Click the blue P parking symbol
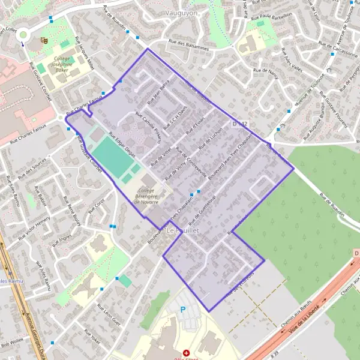click(x=184, y=310)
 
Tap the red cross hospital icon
click(x=187, y=353)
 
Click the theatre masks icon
click(x=44, y=41)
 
